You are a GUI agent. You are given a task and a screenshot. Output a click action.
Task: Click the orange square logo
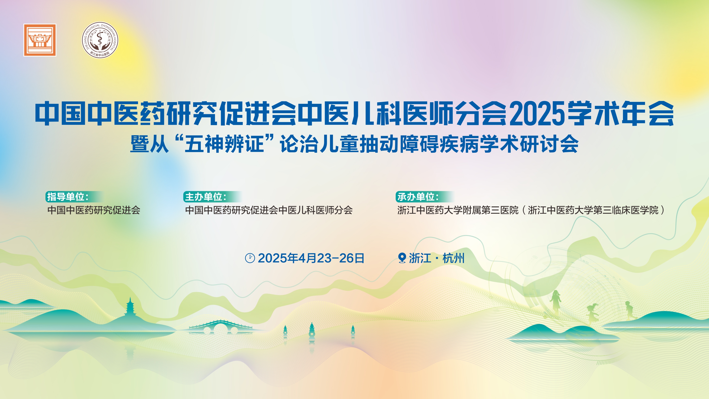(x=40, y=40)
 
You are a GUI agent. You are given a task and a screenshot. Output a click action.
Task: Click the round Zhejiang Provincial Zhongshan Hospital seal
(x=100, y=40)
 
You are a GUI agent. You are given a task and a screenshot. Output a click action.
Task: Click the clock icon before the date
(x=250, y=258)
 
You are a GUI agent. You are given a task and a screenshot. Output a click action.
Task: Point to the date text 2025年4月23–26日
(x=311, y=258)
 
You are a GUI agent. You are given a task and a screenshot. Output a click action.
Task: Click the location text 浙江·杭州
(x=437, y=258)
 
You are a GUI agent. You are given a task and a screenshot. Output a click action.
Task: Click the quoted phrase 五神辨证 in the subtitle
(x=224, y=144)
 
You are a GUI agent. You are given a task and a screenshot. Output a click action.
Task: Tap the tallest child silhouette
(x=556, y=302)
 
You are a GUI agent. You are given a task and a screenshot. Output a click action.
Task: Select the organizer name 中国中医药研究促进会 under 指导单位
(x=94, y=210)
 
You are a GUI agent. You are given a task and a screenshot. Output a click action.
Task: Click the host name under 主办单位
(x=269, y=210)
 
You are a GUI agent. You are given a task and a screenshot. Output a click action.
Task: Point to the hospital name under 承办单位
(x=531, y=210)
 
